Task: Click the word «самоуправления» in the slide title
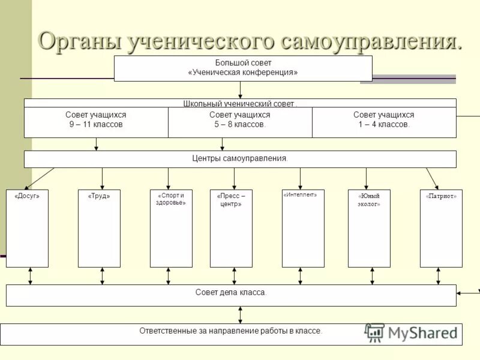point(371,41)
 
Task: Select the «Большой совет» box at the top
point(243,62)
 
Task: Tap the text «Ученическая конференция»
point(243,73)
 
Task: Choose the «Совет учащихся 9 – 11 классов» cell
point(96,120)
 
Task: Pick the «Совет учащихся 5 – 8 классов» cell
point(240,120)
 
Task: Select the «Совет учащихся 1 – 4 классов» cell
point(384,120)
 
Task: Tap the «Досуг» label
point(27,196)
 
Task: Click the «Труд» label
point(99,196)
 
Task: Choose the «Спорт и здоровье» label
point(171,199)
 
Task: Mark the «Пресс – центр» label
point(231,200)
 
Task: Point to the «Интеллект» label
point(299,194)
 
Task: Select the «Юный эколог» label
point(369,200)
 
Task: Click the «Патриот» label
point(441,196)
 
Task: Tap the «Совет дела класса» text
point(231,292)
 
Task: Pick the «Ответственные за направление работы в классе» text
point(231,331)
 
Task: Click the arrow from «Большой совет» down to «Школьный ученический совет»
point(240,89)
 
